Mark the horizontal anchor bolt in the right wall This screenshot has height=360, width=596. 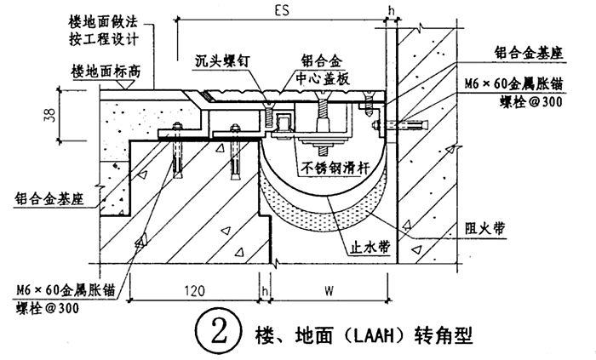tap(401, 126)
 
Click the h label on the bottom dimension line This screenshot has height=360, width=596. tap(266, 291)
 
